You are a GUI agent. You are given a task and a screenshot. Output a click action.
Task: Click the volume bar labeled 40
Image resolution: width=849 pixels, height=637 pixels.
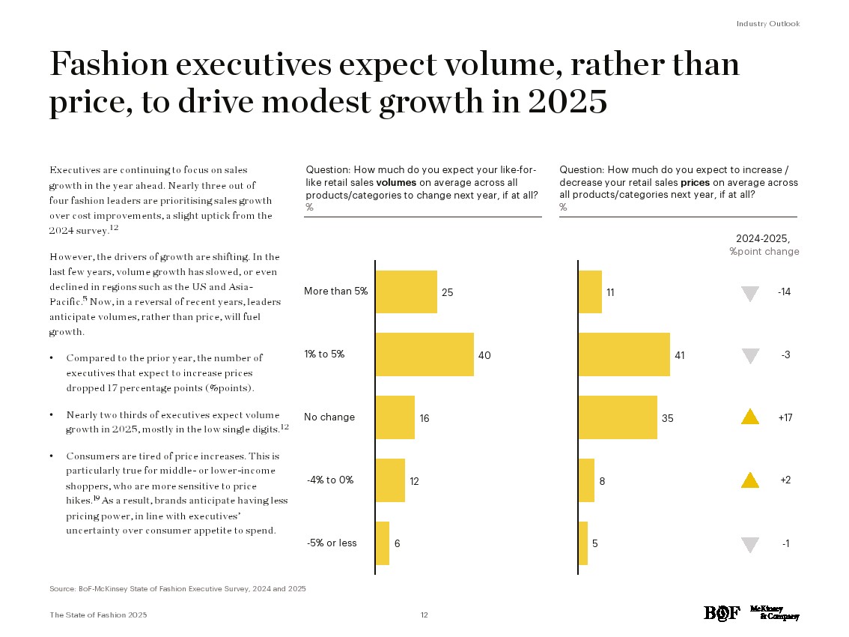[424, 354]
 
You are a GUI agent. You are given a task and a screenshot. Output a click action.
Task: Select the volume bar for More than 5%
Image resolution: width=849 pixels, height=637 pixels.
[406, 292]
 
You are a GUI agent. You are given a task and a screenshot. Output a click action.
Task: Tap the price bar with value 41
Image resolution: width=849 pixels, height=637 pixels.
[624, 354]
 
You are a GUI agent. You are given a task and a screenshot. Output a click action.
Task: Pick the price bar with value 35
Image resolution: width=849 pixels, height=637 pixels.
[618, 417]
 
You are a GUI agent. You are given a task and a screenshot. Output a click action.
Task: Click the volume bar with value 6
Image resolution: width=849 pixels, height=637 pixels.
[382, 543]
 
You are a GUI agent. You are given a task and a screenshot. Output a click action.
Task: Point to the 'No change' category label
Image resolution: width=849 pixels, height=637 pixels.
[329, 417]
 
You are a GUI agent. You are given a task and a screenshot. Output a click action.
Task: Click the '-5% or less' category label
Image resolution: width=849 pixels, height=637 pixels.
[332, 543]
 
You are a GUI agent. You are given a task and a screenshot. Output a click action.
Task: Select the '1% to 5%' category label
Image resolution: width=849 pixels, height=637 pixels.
[324, 354]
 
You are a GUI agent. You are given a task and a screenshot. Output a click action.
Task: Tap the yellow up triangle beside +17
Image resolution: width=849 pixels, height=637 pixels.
[749, 417]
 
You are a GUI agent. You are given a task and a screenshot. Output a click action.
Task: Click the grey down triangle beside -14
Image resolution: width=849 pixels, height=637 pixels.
[749, 294]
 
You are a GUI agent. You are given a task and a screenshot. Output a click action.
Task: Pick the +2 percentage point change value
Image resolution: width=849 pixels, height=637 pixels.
[785, 480]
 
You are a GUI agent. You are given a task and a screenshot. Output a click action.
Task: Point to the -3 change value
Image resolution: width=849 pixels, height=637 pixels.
[785, 354]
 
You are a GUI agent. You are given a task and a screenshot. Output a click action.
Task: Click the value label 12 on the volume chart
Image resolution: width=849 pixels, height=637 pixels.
[414, 482]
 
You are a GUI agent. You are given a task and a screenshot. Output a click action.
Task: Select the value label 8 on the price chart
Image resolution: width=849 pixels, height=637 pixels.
[602, 482]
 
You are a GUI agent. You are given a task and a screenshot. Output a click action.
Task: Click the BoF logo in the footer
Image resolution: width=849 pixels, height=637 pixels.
[722, 613]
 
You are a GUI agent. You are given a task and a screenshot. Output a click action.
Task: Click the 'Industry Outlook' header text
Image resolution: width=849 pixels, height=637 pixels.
[767, 24]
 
